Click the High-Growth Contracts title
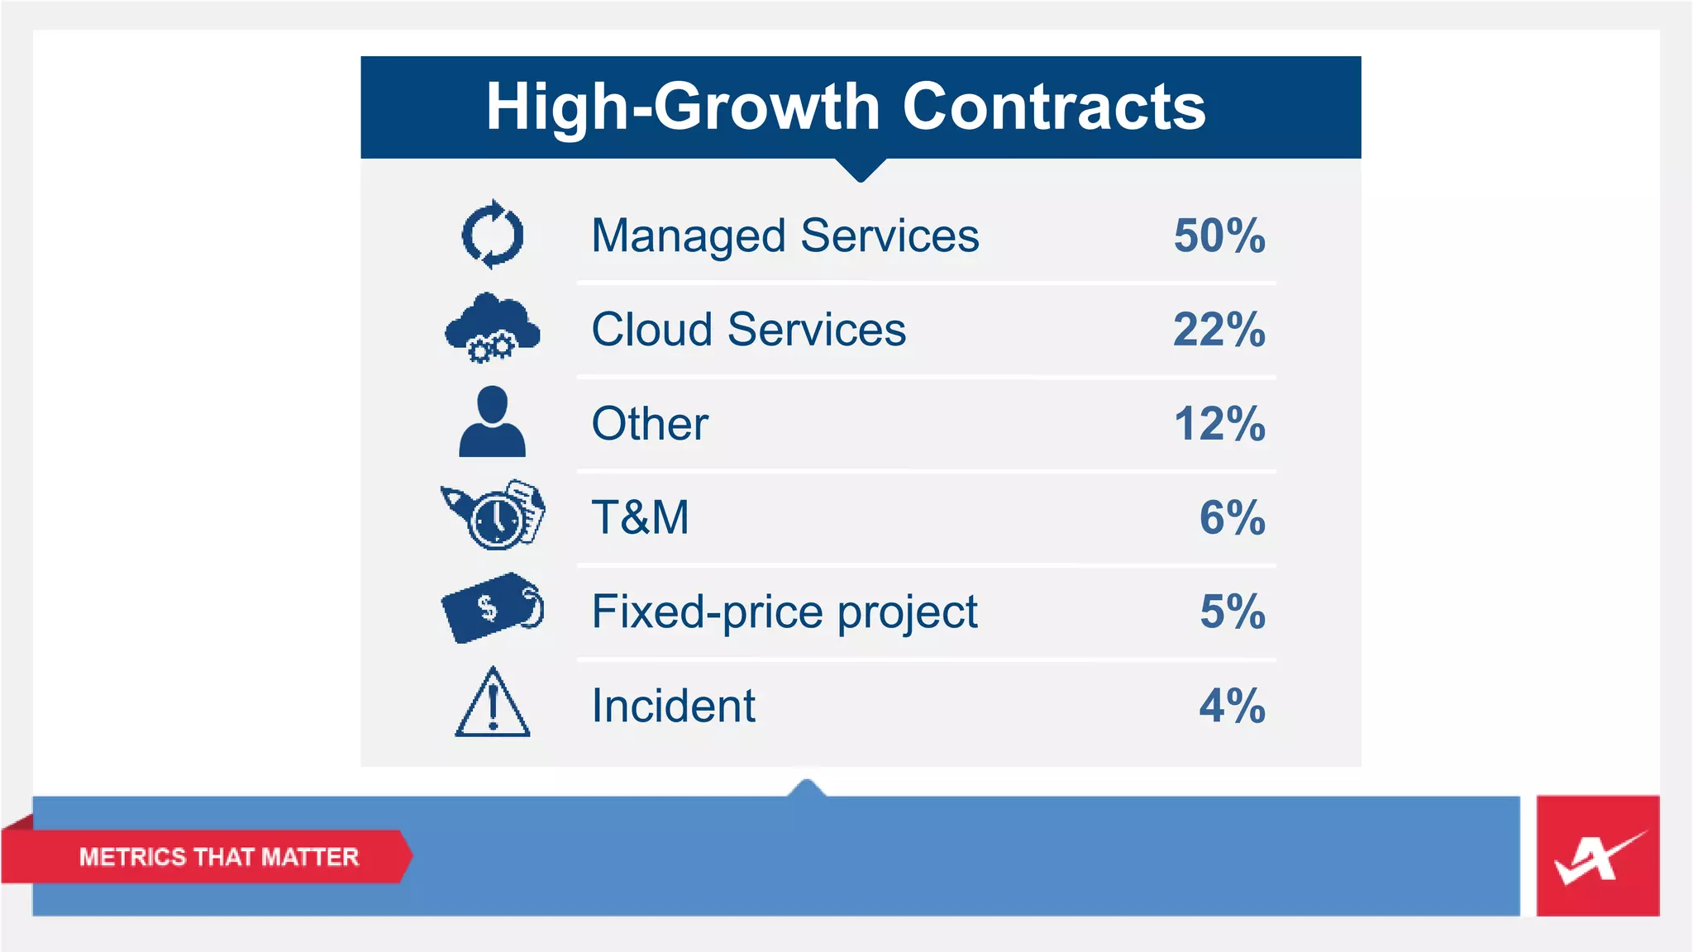[x=845, y=107]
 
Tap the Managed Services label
[x=785, y=236]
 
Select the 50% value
[x=1219, y=236]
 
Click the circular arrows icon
[x=493, y=235]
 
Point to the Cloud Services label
[x=749, y=330]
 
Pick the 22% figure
[x=1219, y=330]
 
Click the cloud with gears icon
[x=493, y=328]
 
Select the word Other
[x=651, y=424]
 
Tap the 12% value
[x=1219, y=424]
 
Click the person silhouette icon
[x=493, y=422]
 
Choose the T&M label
[x=641, y=517]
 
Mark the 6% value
[x=1232, y=517]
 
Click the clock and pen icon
[x=494, y=516]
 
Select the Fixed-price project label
[x=785, y=612]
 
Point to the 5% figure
[x=1232, y=612]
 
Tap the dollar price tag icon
[x=493, y=608]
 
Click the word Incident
[x=674, y=706]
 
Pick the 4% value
[x=1232, y=706]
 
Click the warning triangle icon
[x=493, y=704]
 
